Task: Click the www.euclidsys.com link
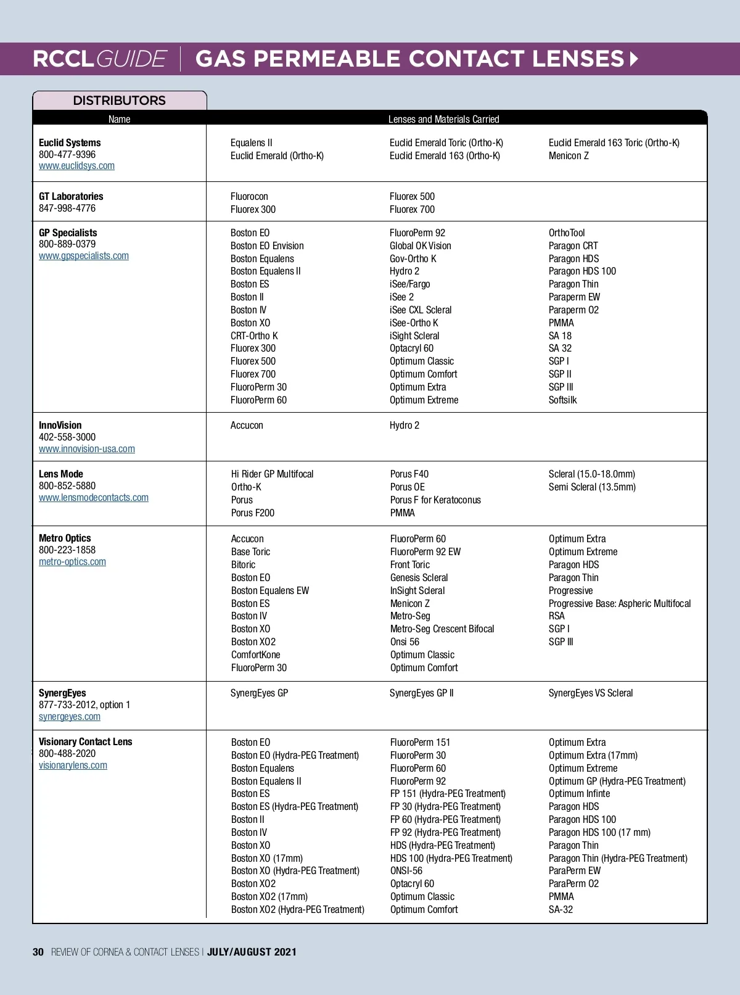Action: coord(76,166)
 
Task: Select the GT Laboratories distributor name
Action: coord(71,196)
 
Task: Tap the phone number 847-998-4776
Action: coord(67,208)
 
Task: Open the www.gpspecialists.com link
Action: coord(84,256)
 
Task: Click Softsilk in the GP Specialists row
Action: coord(562,400)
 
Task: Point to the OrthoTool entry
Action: coord(567,233)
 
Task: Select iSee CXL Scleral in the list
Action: coord(421,310)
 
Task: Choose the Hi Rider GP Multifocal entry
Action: coord(272,474)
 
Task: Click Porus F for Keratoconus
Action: coord(435,500)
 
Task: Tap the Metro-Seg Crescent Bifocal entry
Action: coord(442,629)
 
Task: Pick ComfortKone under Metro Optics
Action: coord(255,654)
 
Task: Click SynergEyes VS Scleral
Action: coord(591,693)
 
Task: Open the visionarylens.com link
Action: coord(73,766)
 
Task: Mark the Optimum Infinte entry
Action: coord(579,793)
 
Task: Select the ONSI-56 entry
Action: coord(406,870)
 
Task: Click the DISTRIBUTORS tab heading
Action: coord(119,101)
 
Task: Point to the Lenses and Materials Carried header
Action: coord(443,119)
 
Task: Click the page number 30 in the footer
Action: coord(38,952)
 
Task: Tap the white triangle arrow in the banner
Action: coord(634,59)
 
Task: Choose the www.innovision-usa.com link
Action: coord(87,449)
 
